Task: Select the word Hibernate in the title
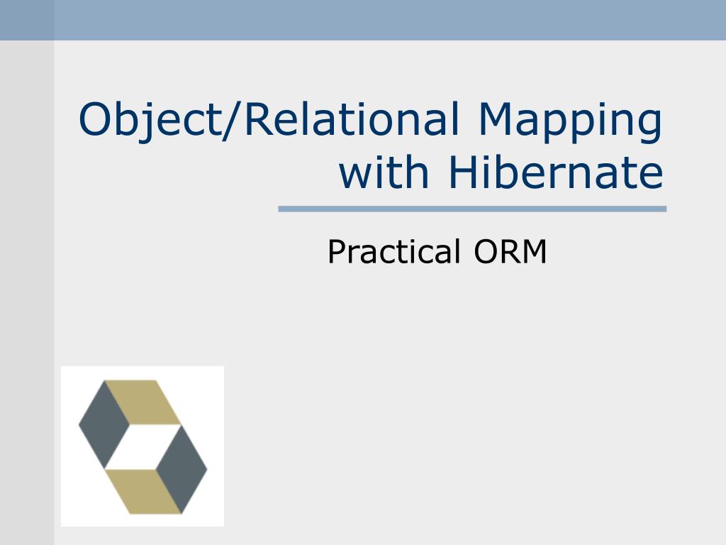pyautogui.click(x=555, y=172)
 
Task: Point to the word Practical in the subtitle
pyautogui.click(x=393, y=252)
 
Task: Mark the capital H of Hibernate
pyautogui.click(x=461, y=172)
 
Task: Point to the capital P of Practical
pyautogui.click(x=335, y=252)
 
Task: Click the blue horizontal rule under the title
pyautogui.click(x=472, y=209)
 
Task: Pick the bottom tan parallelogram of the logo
pyautogui.click(x=142, y=491)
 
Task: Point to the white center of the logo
pyautogui.click(x=143, y=446)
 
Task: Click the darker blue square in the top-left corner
pyautogui.click(x=27, y=20)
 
